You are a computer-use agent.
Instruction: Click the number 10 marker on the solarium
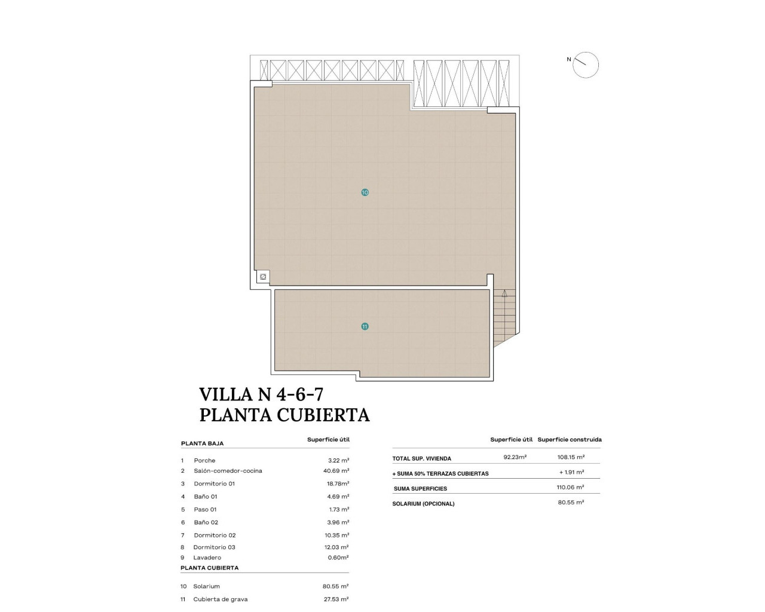(x=365, y=192)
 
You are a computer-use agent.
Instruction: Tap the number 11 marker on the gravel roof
(x=365, y=326)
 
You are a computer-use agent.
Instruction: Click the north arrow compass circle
(x=586, y=65)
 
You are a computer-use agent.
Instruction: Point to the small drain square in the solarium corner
(x=262, y=277)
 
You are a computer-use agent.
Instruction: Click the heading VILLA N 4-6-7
(x=261, y=394)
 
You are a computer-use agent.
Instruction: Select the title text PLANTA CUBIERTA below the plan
(x=284, y=415)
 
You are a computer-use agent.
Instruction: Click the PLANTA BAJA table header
(x=202, y=443)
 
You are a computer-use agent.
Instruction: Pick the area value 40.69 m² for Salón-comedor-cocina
(x=336, y=471)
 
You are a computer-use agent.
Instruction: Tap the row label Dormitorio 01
(x=214, y=484)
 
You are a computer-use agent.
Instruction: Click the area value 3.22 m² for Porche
(x=338, y=460)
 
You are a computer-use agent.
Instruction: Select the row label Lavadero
(x=207, y=558)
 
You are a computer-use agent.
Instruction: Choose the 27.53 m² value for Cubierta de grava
(x=336, y=599)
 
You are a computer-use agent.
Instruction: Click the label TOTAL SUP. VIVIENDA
(x=421, y=458)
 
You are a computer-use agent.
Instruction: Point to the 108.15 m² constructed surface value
(x=570, y=457)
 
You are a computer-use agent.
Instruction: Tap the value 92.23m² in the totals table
(x=515, y=457)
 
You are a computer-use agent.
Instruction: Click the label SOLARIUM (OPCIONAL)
(x=423, y=504)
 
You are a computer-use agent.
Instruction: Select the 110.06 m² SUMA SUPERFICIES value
(x=570, y=487)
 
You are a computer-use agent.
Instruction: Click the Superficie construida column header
(x=569, y=439)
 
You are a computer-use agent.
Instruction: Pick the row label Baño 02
(x=206, y=522)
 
